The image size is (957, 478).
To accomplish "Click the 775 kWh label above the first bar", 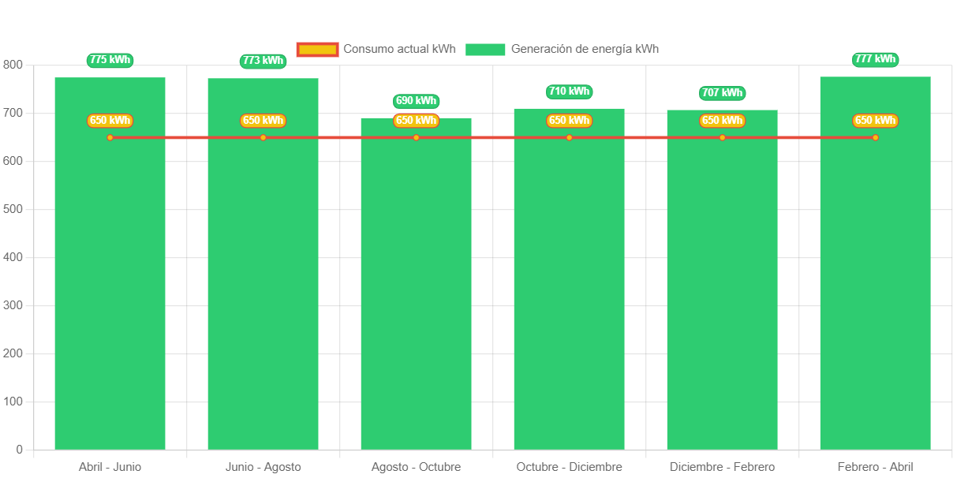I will (x=110, y=60).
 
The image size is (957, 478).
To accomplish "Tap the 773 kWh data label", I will (x=263, y=61).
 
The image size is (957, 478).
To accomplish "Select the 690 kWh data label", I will (x=416, y=101).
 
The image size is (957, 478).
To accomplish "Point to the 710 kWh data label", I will (x=569, y=91).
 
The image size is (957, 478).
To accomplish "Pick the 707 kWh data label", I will (x=722, y=93).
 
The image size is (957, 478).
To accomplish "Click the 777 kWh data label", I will (x=875, y=59).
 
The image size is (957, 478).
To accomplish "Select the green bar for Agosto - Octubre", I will (x=416, y=300).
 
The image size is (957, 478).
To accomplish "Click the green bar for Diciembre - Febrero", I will (x=722, y=300).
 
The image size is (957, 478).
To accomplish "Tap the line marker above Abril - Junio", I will (x=110, y=138).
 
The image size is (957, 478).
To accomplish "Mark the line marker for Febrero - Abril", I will (x=875, y=138).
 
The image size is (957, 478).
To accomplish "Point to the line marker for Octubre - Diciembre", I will (x=569, y=138).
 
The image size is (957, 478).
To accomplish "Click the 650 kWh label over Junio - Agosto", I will (x=263, y=121).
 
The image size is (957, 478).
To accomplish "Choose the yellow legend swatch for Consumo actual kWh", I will (x=317, y=50).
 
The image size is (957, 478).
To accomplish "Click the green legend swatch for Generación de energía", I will (x=485, y=50).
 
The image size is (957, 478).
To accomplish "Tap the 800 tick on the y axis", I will (x=13, y=65).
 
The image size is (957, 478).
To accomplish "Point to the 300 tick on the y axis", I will (x=13, y=305).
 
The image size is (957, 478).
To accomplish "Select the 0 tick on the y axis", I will (x=19, y=450).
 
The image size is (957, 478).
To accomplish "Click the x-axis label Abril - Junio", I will (x=110, y=467).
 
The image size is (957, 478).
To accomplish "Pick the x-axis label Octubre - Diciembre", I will (x=569, y=467).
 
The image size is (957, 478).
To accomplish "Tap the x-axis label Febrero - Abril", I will (x=875, y=467).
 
